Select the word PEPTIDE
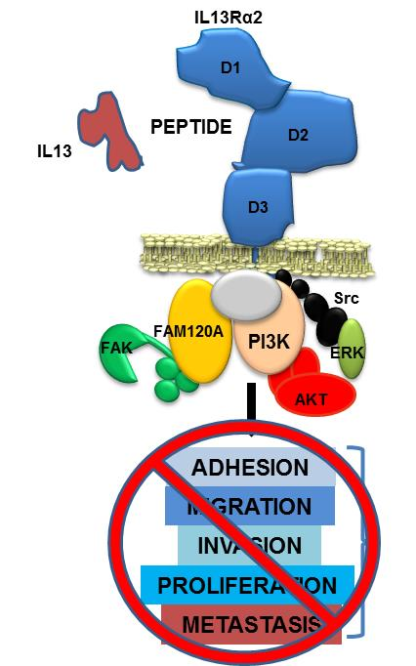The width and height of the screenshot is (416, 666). point(190,127)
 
